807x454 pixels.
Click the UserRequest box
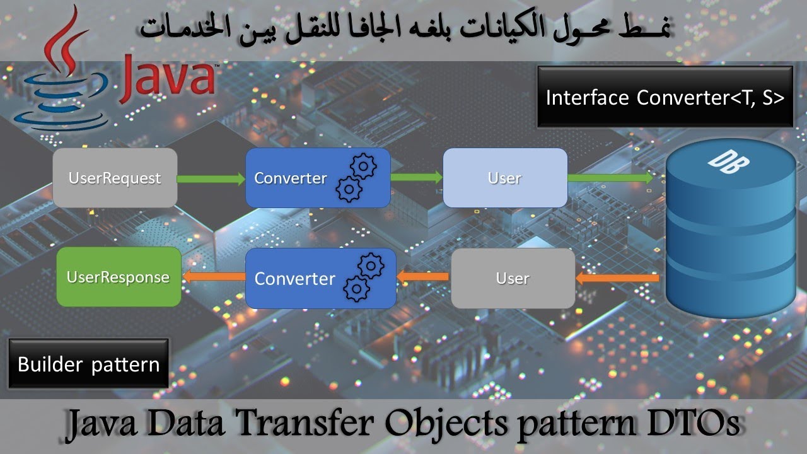click(x=115, y=178)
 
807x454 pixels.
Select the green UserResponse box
click(x=119, y=277)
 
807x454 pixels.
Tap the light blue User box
click(x=505, y=178)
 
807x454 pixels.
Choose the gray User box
click(x=513, y=278)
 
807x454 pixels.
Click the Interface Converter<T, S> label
click(x=665, y=98)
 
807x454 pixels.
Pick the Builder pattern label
click(x=88, y=364)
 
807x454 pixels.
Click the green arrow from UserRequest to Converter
click(x=211, y=179)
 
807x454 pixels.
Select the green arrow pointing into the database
click(x=610, y=178)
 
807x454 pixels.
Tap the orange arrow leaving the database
click(x=618, y=277)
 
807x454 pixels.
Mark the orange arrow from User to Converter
click(x=422, y=276)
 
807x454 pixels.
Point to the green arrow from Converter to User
click(x=417, y=177)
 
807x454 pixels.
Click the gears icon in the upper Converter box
click(x=356, y=177)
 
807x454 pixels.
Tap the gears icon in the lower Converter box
click(x=363, y=277)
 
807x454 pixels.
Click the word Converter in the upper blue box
click(x=290, y=178)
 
